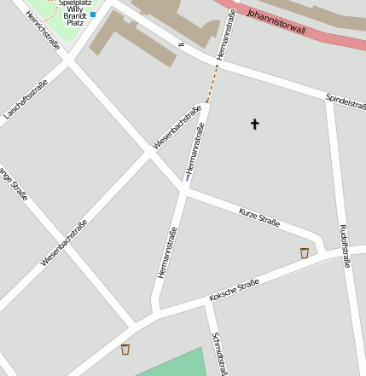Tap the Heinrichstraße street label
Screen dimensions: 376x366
[43, 31]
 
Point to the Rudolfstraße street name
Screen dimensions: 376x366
[344, 246]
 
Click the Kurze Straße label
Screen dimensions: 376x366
[259, 216]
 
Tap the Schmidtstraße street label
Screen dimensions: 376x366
[219, 352]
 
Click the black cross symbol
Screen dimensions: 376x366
[254, 124]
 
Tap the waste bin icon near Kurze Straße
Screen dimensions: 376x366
[305, 252]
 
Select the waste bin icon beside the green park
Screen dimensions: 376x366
[125, 349]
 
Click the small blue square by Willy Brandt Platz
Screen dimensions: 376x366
[93, 14]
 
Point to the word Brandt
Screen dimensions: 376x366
[74, 16]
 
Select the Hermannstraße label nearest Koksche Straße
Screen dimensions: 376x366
[166, 252]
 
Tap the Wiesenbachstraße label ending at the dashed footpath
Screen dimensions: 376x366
[177, 127]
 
